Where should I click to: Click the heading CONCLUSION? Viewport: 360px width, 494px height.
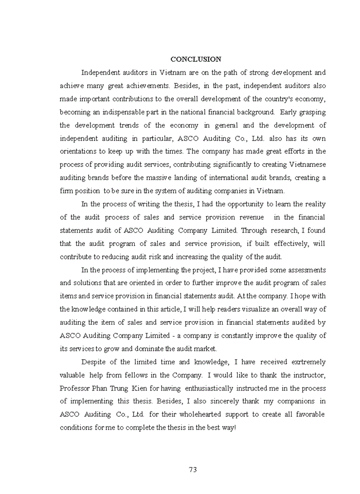[x=196, y=59]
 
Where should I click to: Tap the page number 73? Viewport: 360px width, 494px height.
[x=193, y=469]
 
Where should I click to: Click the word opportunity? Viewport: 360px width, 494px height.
[x=246, y=204]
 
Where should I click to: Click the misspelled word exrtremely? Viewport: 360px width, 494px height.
[x=305, y=362]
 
